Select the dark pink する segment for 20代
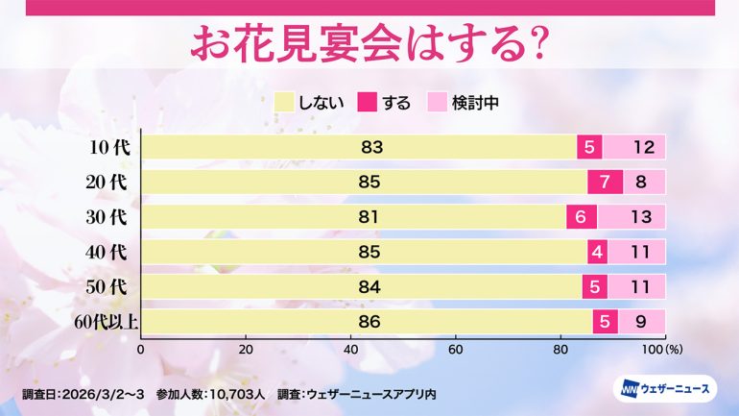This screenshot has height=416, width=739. [606, 182]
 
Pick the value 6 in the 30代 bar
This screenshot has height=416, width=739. [582, 217]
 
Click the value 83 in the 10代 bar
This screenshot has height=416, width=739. [371, 148]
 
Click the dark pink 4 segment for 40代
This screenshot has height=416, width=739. [597, 252]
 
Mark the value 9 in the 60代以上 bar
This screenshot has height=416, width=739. [641, 321]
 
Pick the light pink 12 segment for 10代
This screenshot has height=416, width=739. [643, 148]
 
